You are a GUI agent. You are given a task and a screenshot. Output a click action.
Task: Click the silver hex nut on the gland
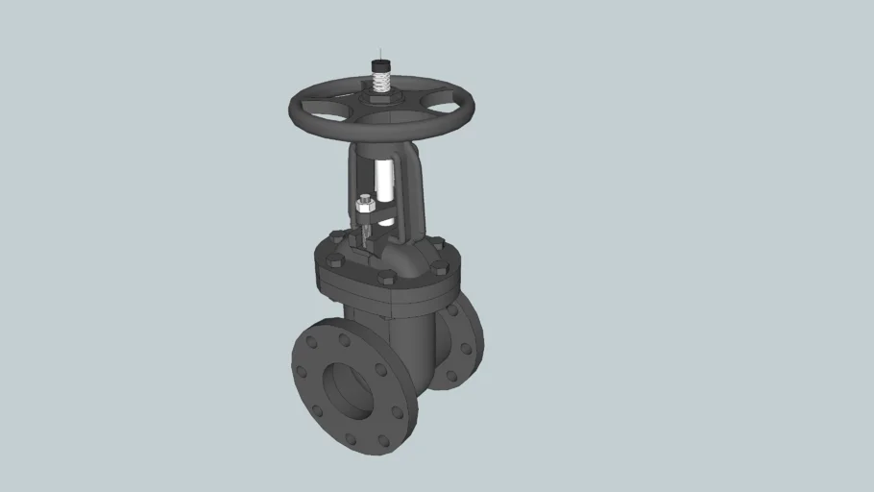pos(365,205)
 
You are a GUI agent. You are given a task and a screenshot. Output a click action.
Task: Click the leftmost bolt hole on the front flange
pos(302,371)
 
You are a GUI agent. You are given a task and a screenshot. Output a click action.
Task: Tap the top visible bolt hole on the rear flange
pos(451,309)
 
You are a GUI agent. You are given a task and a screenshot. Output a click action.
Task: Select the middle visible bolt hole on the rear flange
pos(468,347)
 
